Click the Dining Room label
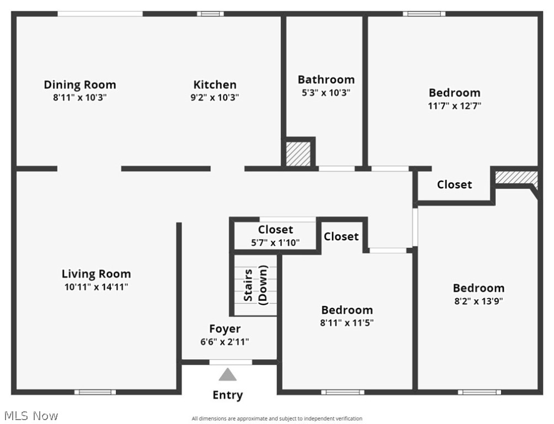point(80,84)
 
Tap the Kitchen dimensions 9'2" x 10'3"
point(215,98)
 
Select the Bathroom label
point(326,79)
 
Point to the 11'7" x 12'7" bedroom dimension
point(455,106)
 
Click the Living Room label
point(96,273)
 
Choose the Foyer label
point(225,329)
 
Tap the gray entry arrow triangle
point(227,375)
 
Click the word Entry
point(227,395)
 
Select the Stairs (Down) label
point(255,284)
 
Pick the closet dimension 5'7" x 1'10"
point(275,242)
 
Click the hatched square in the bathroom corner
point(298,152)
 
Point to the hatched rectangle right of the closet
point(516,177)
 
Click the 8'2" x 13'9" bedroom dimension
point(478,301)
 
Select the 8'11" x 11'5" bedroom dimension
point(347,323)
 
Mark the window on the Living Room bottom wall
point(95,392)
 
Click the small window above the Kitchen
point(207,14)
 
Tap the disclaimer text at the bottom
point(277,418)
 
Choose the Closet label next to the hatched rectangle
point(454,184)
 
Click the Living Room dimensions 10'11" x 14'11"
point(96,287)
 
